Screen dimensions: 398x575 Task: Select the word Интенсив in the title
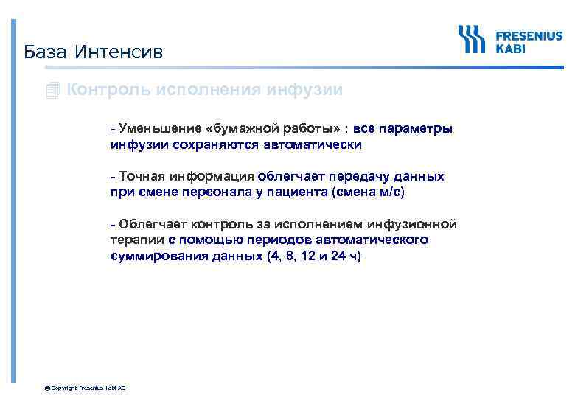(x=116, y=52)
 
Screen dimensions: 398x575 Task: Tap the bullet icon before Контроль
(x=52, y=91)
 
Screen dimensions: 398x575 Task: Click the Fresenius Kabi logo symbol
(x=471, y=39)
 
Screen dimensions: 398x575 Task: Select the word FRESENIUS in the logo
(x=529, y=34)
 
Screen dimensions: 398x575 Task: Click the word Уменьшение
(x=153, y=129)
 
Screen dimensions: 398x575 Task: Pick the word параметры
(x=417, y=129)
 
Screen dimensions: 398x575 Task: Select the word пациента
(x=296, y=192)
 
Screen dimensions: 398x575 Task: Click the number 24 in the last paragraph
(x=336, y=256)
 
